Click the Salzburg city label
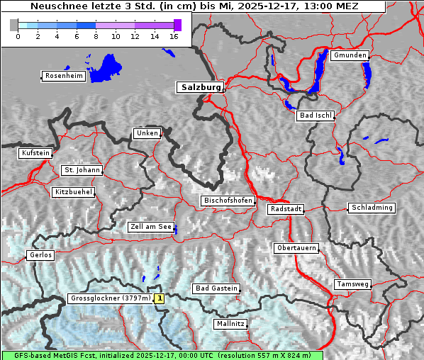[200, 87]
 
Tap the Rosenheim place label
[63, 76]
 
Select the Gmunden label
[350, 55]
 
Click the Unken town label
[147, 133]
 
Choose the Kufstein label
[35, 153]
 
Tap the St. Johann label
[82, 170]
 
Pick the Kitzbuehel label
[73, 192]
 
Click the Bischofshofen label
[228, 201]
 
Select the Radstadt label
[286, 209]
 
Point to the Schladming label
[371, 208]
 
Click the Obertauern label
[296, 248]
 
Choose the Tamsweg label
[352, 284]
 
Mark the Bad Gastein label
[216, 288]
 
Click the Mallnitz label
[230, 324]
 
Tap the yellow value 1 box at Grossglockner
[160, 299]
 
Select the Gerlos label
[40, 255]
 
